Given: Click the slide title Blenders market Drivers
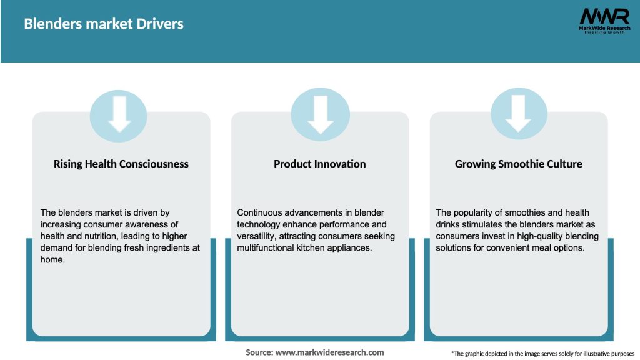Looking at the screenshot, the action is coord(104,24).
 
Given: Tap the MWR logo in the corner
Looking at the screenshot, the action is coord(604,21).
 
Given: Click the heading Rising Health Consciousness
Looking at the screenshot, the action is coord(121,164).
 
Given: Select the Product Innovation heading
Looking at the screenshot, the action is coord(319,164).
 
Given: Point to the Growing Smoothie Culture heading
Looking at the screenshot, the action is coord(518,164).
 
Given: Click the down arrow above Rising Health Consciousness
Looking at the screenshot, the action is coord(119,114).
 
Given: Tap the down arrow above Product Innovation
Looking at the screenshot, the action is coord(321,115).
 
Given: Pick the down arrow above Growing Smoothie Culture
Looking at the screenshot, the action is coord(518,114).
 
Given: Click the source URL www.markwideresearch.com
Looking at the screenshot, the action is coord(329,352).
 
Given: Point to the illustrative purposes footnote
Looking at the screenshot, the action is coord(543,354).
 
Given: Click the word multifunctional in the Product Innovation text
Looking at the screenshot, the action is coord(264,247).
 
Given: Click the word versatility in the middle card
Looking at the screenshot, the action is coord(256,236).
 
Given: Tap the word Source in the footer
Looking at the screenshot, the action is coord(259,352).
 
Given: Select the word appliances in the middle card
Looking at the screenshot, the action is coord(351,248).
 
